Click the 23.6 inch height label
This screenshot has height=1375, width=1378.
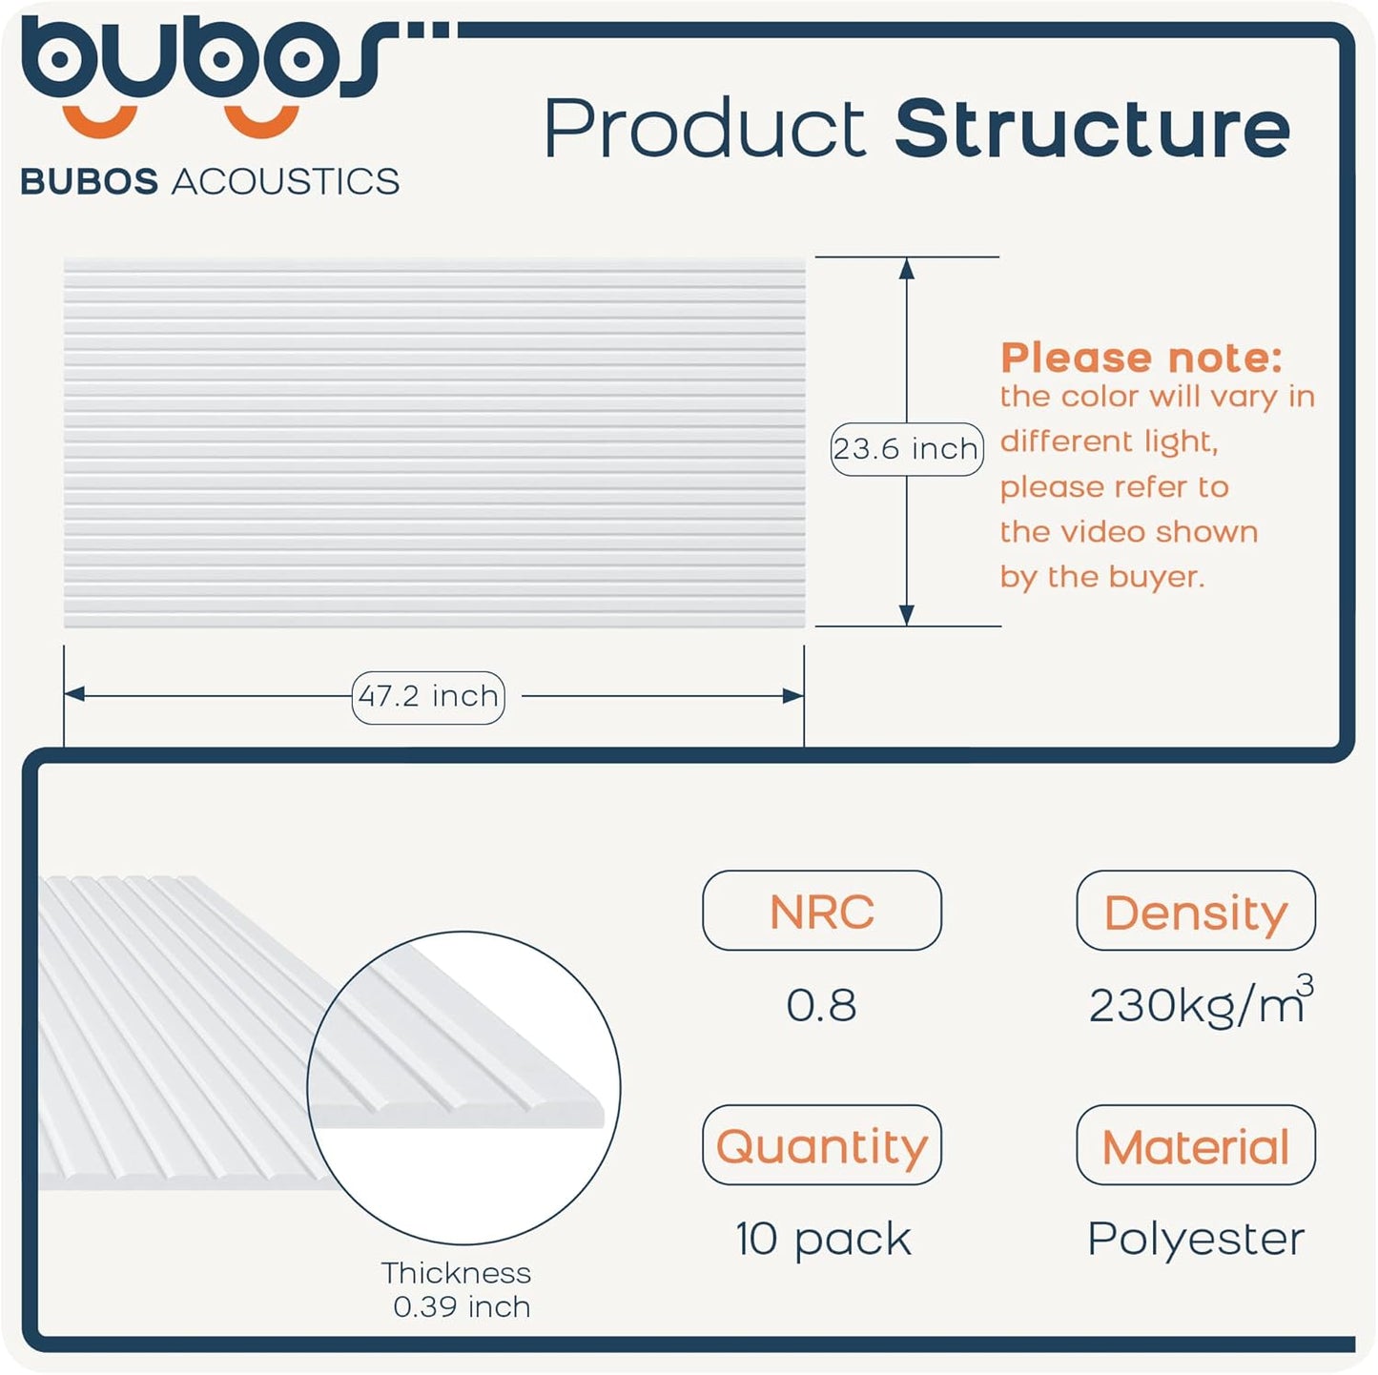(x=906, y=448)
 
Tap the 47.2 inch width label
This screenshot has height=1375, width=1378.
(x=428, y=697)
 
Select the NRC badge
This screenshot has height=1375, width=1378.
(x=821, y=911)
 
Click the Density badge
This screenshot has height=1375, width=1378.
(x=1195, y=911)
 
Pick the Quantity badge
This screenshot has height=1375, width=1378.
(x=821, y=1145)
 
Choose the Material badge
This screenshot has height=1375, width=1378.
(x=1195, y=1145)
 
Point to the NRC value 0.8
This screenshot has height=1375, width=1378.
(x=821, y=1005)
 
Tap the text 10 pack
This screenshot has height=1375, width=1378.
(x=823, y=1239)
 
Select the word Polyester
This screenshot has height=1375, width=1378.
(x=1196, y=1239)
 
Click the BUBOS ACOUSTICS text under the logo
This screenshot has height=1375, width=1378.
(x=210, y=181)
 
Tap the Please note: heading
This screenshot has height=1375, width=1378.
(x=1141, y=358)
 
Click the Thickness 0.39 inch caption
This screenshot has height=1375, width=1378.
(x=459, y=1289)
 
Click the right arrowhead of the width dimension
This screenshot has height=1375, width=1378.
(x=793, y=696)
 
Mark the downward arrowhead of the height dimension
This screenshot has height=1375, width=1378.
(x=907, y=615)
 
